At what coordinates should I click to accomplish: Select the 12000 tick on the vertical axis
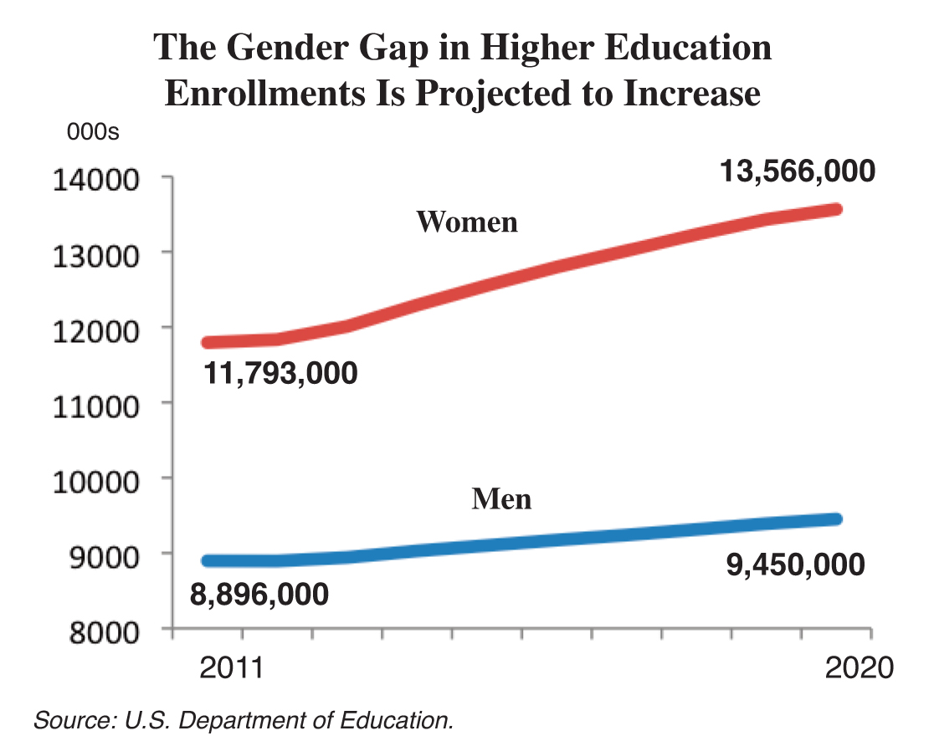click(95, 329)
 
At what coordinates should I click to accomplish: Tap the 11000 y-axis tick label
click(95, 404)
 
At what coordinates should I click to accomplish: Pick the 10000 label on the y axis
click(95, 479)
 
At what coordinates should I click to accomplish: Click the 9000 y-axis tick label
click(101, 554)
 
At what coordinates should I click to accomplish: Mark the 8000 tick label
click(101, 630)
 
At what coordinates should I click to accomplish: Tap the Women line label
click(467, 222)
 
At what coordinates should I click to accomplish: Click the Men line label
click(501, 499)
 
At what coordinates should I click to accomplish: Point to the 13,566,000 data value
click(798, 171)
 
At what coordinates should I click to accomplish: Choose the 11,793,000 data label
click(280, 373)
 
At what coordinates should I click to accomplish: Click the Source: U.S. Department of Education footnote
click(244, 720)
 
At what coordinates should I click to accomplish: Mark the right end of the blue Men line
click(837, 519)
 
